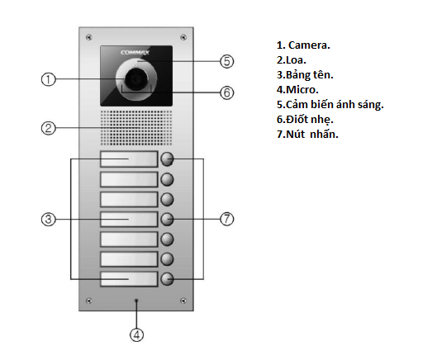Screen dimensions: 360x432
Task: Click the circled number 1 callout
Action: (x=48, y=79)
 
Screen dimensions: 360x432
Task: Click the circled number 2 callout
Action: (x=48, y=128)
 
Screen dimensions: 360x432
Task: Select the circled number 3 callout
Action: (x=48, y=219)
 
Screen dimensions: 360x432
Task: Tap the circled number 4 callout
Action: (x=136, y=334)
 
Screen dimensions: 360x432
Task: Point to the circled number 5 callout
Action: (x=228, y=61)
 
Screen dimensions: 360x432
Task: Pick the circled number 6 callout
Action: (x=228, y=92)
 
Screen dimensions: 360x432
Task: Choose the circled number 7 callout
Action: (x=228, y=219)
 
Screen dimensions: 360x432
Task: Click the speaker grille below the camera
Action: (x=136, y=128)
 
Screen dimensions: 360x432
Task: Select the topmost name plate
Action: (x=128, y=159)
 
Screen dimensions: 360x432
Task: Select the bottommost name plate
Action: (x=128, y=279)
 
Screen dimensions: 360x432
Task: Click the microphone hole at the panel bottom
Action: (x=136, y=301)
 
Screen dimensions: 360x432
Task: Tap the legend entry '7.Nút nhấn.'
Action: (x=308, y=134)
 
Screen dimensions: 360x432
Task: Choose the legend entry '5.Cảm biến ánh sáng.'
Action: (x=330, y=104)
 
